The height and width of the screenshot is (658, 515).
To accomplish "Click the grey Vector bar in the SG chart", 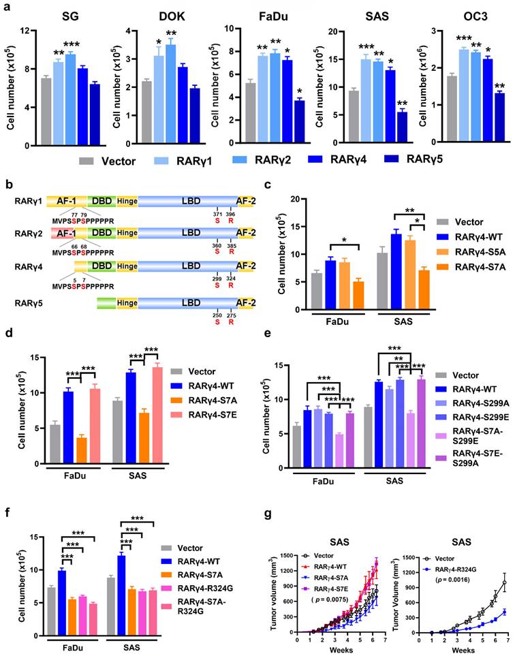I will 46,112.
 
